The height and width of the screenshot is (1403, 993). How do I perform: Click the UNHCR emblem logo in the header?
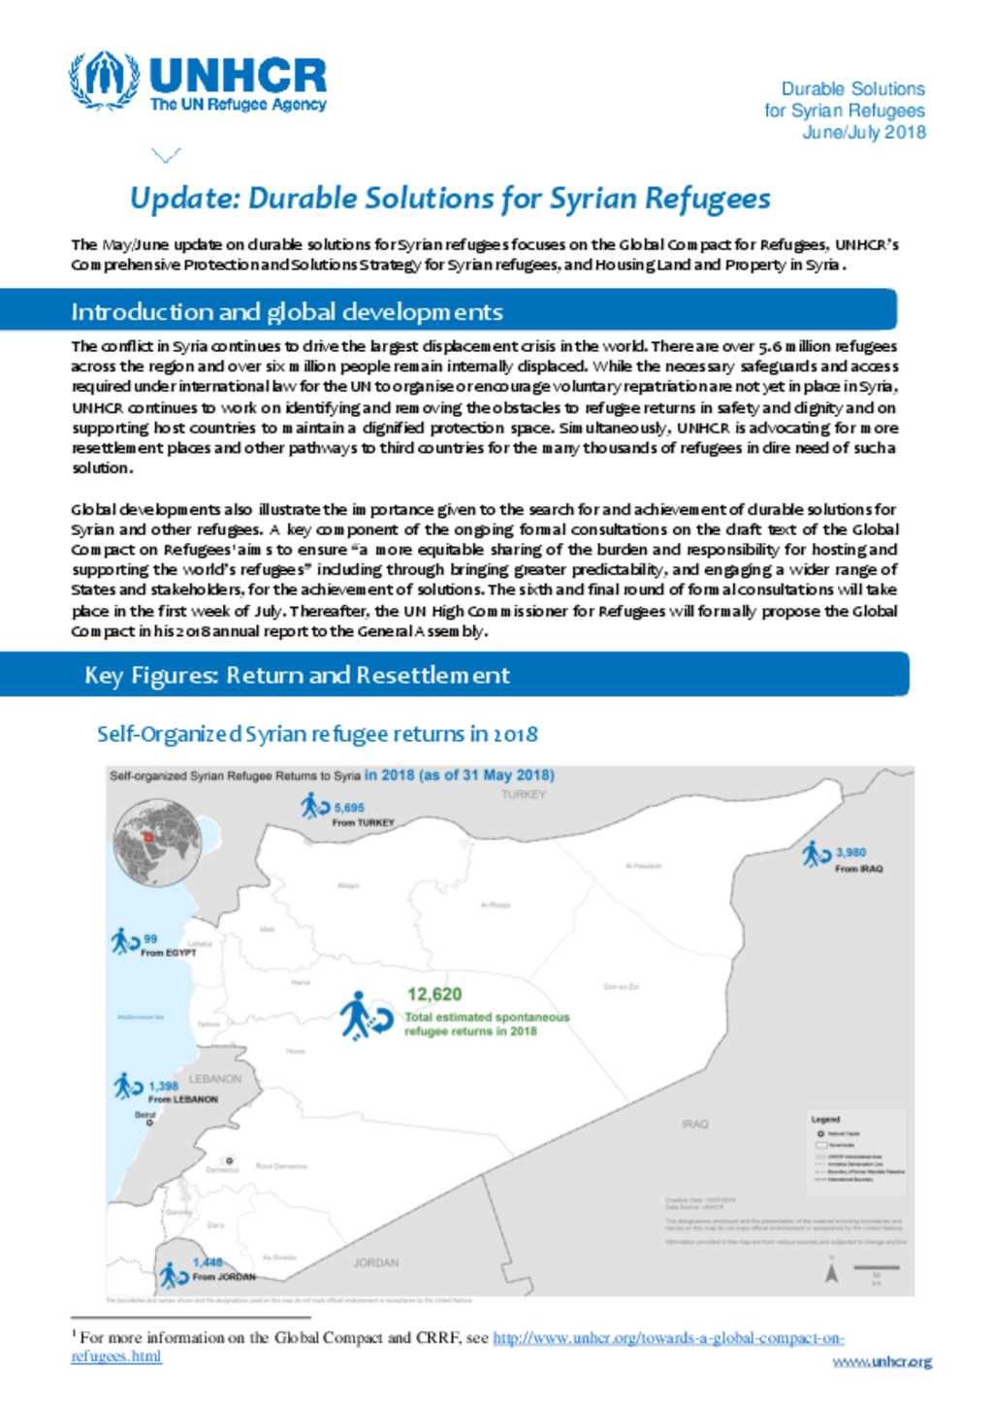[x=103, y=81]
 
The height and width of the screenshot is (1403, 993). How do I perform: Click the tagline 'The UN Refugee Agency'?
[x=238, y=105]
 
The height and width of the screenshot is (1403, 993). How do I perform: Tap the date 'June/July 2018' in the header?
[x=863, y=133]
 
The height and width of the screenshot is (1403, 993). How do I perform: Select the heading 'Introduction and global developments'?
[x=286, y=311]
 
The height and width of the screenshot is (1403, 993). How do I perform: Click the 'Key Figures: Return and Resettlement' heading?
[x=297, y=675]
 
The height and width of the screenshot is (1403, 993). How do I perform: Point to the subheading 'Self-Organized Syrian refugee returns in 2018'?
[x=317, y=734]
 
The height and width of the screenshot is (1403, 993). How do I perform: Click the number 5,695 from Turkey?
[x=349, y=808]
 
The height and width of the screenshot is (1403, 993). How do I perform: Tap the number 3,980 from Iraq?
[x=850, y=852]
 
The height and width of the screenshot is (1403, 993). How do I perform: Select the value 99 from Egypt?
[x=150, y=939]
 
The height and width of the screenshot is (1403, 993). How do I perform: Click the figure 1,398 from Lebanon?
[x=163, y=1086]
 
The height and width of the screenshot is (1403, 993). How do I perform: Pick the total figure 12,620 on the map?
[x=433, y=994]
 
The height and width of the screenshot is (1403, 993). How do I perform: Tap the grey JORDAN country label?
[x=375, y=1262]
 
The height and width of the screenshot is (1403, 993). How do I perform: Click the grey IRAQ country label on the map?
[x=694, y=1124]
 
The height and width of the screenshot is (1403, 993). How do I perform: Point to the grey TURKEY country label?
[x=523, y=794]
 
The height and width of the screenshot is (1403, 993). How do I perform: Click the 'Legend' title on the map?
[x=825, y=1119]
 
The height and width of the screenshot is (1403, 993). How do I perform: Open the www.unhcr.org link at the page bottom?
[x=881, y=1361]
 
